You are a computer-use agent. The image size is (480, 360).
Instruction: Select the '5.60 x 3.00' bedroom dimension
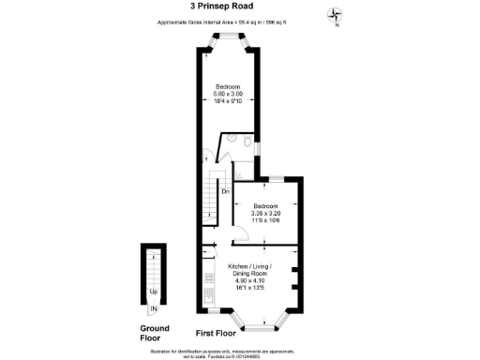tap(230, 94)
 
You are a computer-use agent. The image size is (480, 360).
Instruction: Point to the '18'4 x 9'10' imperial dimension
tap(230, 100)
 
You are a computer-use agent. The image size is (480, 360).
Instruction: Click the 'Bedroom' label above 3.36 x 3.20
tap(266, 205)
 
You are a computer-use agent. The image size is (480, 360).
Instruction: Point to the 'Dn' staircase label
tap(226, 192)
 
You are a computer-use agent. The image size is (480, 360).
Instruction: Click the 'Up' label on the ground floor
tap(153, 290)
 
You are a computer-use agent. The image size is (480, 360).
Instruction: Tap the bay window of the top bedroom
tap(230, 39)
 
